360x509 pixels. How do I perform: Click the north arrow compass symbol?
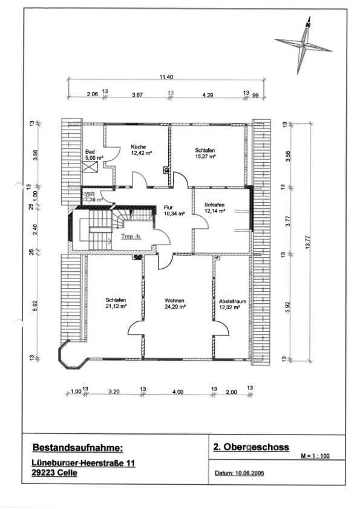304,43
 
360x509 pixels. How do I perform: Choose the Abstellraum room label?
230,304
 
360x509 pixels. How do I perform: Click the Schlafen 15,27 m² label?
205,153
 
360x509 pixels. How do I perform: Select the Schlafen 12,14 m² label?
215,208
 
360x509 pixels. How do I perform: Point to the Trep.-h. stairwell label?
130,235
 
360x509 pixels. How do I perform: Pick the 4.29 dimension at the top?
207,94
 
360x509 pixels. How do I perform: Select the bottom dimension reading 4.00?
178,392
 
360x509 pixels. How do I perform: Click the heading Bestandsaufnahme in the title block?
77,448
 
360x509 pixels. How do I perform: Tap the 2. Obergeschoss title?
251,447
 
